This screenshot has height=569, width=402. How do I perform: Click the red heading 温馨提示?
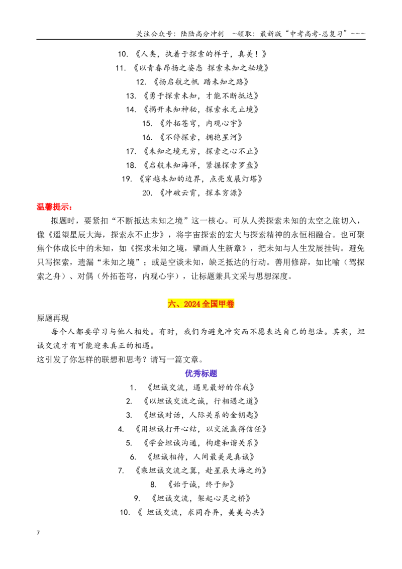(54, 207)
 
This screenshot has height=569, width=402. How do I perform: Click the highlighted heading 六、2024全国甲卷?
(201, 304)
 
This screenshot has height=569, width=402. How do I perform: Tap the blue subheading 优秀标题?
(201, 373)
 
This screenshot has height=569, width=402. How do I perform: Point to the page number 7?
(38, 533)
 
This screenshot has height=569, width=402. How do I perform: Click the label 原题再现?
(53, 318)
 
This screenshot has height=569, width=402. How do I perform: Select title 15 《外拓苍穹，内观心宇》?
(200, 123)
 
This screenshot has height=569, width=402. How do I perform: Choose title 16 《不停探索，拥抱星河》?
(200, 137)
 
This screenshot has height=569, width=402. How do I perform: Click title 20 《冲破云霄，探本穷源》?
(200, 193)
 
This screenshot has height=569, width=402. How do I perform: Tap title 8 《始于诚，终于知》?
(200, 485)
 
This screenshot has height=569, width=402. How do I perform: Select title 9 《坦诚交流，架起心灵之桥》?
(200, 498)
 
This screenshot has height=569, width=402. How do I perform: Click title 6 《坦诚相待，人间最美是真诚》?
(200, 456)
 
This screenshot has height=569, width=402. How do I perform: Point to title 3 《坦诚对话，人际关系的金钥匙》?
(200, 415)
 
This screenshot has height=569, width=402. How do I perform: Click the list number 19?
(127, 179)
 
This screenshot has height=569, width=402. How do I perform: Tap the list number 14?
(131, 110)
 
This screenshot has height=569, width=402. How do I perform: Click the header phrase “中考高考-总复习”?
(317, 34)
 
